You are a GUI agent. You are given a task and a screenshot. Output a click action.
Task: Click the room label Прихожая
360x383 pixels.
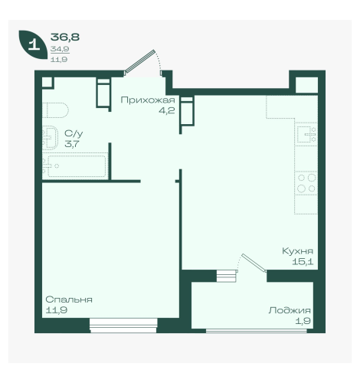click(x=148, y=100)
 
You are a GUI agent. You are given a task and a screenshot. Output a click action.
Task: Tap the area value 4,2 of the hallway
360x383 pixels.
click(x=166, y=110)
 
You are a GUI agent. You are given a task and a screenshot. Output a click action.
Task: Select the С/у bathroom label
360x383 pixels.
click(x=74, y=133)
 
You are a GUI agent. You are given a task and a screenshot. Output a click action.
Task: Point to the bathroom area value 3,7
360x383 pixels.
click(x=72, y=144)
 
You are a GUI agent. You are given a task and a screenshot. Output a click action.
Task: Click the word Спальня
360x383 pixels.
click(x=69, y=300)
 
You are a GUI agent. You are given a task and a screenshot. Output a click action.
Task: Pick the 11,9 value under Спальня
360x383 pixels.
click(x=57, y=310)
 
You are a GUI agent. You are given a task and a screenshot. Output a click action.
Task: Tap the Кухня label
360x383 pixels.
click(x=297, y=250)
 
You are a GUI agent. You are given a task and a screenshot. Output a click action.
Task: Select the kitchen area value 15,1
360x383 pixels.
click(x=303, y=261)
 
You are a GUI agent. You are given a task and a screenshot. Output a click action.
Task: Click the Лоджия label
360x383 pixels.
click(x=290, y=310)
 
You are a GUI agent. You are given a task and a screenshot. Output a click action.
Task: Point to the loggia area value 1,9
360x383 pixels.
click(x=303, y=321)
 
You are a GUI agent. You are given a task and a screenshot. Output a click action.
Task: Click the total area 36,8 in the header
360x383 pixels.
click(x=65, y=37)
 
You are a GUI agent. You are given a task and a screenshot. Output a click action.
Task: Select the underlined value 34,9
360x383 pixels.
click(x=60, y=49)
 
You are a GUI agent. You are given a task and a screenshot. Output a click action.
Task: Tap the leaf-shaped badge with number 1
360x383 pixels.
click(x=33, y=44)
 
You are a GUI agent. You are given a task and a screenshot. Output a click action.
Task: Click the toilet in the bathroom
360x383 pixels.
click(x=55, y=110)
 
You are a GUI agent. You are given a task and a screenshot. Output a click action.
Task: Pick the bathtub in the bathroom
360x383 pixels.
click(x=75, y=166)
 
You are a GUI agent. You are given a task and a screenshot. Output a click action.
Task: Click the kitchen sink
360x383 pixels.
click(x=306, y=133)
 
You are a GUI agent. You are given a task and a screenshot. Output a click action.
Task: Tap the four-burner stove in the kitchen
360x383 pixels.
click(x=306, y=183)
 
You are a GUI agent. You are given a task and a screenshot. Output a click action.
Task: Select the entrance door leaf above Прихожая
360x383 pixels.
click(x=140, y=61)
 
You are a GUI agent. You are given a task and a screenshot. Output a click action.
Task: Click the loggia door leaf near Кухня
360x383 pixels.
click(x=254, y=263)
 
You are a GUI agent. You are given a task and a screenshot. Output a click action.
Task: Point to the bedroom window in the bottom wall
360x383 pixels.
click(x=123, y=326)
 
